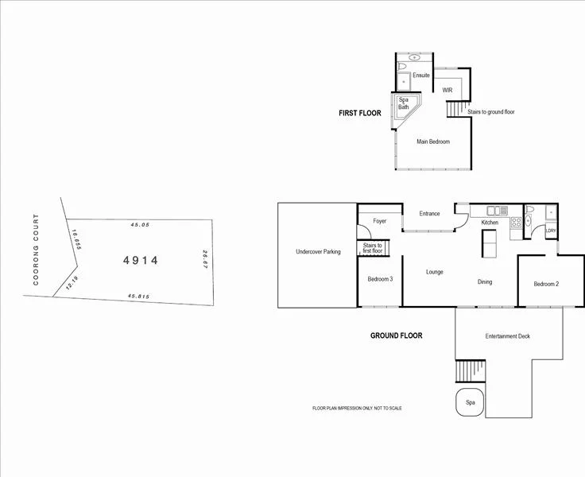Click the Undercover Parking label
318,252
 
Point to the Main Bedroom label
433,142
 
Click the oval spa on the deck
471,403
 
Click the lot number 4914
141,260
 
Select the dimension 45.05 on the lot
140,225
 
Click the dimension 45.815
139,297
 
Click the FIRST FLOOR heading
360,114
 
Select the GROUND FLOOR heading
396,335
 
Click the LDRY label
551,231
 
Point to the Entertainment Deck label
507,336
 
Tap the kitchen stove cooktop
516,223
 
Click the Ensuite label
420,76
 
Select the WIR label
447,91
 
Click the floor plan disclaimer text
357,408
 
